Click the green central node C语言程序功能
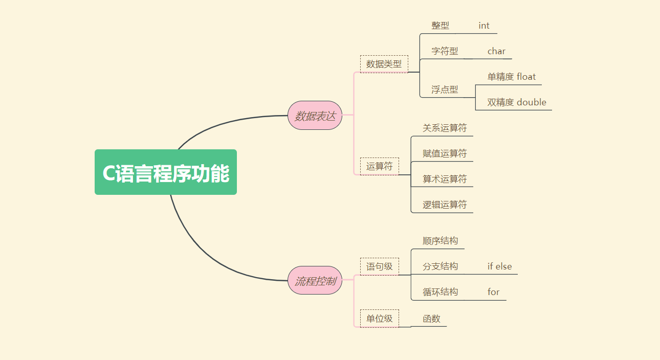click(x=166, y=172)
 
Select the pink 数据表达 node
click(x=315, y=116)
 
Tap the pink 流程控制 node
click(x=315, y=281)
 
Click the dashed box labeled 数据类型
click(x=384, y=64)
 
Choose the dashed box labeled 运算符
click(x=379, y=166)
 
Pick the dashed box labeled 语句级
click(x=379, y=266)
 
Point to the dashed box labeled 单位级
click(x=379, y=319)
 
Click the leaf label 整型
click(x=440, y=26)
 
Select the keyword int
click(x=484, y=26)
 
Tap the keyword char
click(x=496, y=51)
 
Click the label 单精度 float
click(x=511, y=77)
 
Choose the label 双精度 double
click(x=516, y=102)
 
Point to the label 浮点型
click(x=444, y=89)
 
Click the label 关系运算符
click(x=444, y=128)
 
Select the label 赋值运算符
click(x=444, y=153)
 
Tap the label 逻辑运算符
click(x=444, y=205)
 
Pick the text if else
click(x=499, y=266)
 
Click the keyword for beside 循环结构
click(x=493, y=292)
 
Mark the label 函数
click(x=431, y=319)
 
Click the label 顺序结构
click(x=440, y=241)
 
